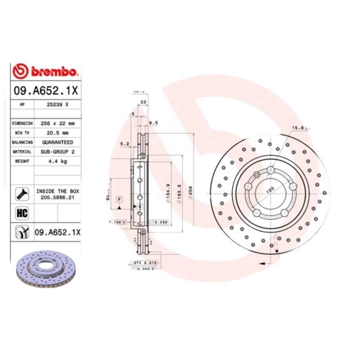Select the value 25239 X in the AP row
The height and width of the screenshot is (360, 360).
(x=58, y=104)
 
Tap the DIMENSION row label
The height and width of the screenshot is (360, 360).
(x=22, y=123)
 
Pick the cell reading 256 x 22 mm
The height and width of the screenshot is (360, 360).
(x=58, y=123)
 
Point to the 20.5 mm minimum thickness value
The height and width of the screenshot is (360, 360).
(x=58, y=133)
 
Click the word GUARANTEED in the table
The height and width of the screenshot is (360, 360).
(x=58, y=142)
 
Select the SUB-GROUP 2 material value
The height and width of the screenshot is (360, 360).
(x=58, y=152)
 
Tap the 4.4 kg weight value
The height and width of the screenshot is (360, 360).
(x=58, y=162)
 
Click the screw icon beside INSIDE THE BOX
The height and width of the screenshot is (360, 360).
(x=22, y=194)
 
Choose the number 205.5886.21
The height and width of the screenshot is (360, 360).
(x=58, y=197)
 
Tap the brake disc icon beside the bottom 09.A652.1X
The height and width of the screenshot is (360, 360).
(x=22, y=232)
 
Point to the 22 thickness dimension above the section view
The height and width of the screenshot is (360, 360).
(x=143, y=102)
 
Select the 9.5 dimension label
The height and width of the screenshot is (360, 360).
(x=153, y=122)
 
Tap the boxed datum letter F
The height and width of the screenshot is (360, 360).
(x=120, y=198)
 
